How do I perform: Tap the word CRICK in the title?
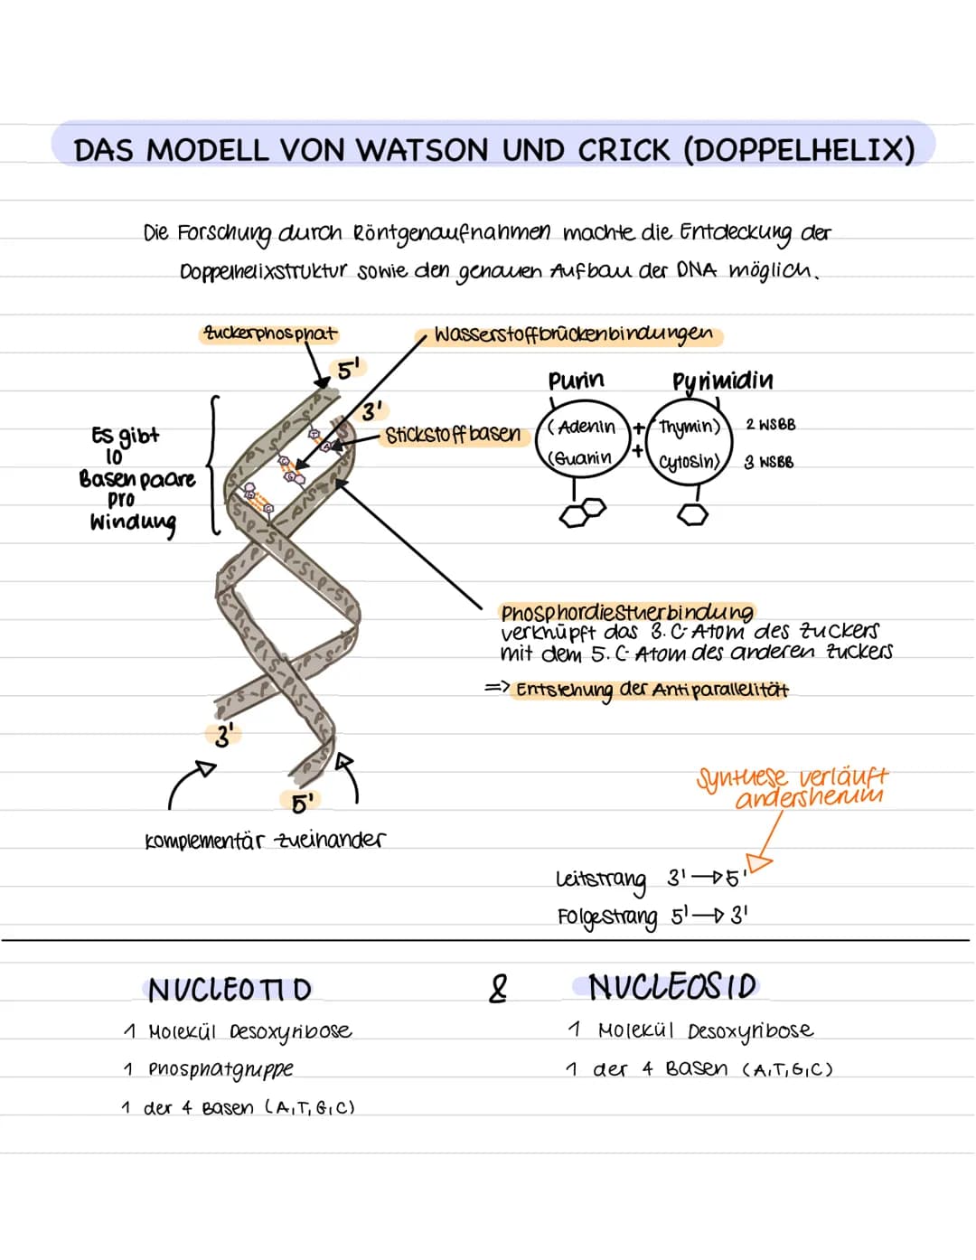pos(624,149)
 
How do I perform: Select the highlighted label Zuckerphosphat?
pos(269,334)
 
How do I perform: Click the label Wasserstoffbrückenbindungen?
pos(573,334)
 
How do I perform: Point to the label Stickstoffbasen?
pos(453,435)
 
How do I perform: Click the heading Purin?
pos(576,381)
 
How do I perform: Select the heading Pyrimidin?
pos(722,381)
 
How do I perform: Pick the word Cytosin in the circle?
pos(690,462)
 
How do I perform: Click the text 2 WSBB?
pos(770,424)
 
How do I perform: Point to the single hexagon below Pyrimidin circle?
pos(692,514)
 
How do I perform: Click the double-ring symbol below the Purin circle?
pos(582,512)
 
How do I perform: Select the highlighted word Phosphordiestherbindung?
pos(626,612)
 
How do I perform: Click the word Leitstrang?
pos(601,879)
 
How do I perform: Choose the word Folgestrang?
pos(607,917)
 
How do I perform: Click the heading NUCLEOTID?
pos(230,990)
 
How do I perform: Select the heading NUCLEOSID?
pos(671,986)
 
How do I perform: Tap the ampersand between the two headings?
pos(497,988)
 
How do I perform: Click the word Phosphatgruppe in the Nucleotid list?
pos(221,1069)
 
